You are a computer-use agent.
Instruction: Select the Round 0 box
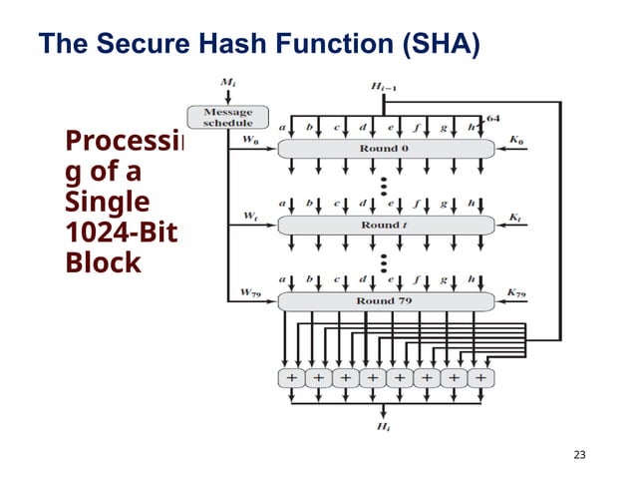click(x=385, y=148)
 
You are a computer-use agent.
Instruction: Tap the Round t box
click(x=385, y=225)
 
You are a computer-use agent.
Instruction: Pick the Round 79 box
click(x=385, y=300)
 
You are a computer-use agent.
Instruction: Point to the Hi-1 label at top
click(x=385, y=88)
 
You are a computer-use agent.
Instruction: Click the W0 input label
click(x=251, y=141)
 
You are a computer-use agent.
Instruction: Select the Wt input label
click(x=250, y=217)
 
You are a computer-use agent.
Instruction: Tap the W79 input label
click(x=251, y=292)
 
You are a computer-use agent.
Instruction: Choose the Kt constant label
click(x=514, y=217)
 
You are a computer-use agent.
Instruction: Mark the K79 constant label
click(x=515, y=292)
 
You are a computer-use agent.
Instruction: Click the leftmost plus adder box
click(x=291, y=378)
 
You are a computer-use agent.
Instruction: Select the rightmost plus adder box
click(x=480, y=378)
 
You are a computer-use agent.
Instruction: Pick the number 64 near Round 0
click(x=491, y=119)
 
